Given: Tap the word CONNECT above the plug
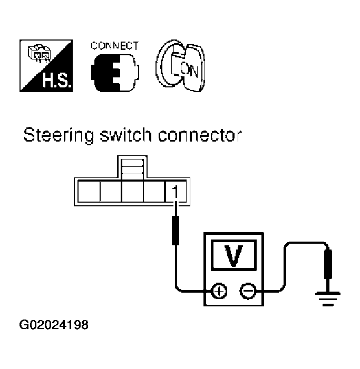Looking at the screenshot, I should point(114,46).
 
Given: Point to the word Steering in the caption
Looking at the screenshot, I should point(52,135).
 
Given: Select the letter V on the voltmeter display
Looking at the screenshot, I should point(232,255).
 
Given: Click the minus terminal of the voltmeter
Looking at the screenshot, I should point(247,290).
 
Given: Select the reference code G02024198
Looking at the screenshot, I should point(54,324).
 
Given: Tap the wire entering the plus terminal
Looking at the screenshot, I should point(192,290).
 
